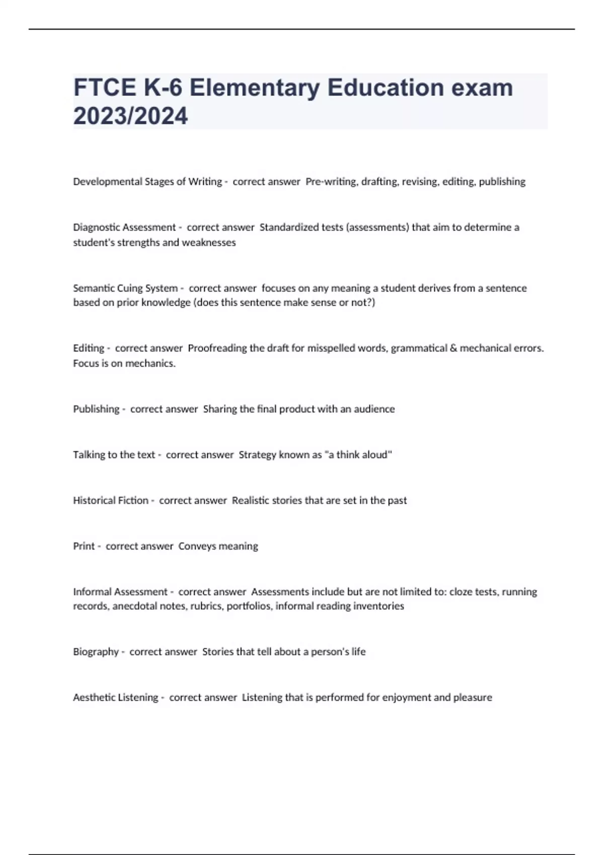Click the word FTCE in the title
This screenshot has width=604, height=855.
[x=105, y=88]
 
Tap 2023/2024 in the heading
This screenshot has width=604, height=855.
[x=130, y=116]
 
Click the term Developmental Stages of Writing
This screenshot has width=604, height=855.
[x=147, y=182]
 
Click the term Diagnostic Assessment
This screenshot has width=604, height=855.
[x=124, y=227]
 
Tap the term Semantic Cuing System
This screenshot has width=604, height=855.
[x=125, y=288]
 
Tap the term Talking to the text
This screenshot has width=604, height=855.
[x=114, y=455]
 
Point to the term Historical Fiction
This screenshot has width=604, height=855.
[x=111, y=500]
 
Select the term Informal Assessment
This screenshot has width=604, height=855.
[x=120, y=591]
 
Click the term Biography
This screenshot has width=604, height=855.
[x=96, y=652]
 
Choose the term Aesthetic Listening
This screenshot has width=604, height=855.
[x=115, y=698]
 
